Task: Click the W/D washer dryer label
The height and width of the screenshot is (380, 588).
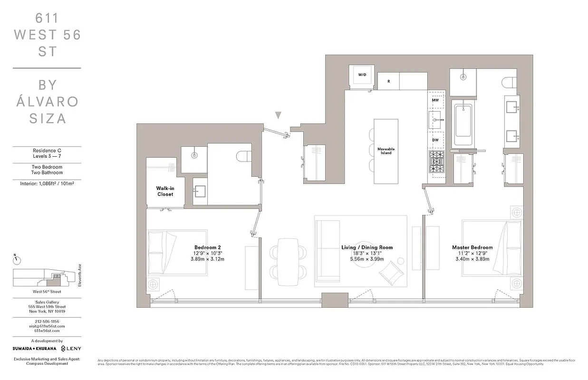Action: (362, 75)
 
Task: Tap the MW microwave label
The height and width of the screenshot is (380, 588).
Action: (435, 100)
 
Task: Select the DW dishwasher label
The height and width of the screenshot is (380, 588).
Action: (435, 140)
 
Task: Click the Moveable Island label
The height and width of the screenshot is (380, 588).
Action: (386, 151)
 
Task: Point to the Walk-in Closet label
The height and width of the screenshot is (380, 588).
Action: (164, 191)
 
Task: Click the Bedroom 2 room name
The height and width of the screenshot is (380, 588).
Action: (207, 247)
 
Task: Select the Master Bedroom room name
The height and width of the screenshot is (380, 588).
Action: (472, 247)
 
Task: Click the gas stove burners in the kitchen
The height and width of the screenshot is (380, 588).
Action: (436, 162)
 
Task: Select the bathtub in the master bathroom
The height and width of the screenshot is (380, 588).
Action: (463, 124)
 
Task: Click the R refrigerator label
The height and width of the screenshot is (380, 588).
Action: (388, 81)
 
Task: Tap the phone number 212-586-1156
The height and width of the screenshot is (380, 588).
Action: (46, 321)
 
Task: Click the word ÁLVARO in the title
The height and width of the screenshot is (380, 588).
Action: (46, 101)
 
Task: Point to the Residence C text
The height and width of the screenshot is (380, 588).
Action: (46, 151)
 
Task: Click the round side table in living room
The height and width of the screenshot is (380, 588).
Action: (400, 260)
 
